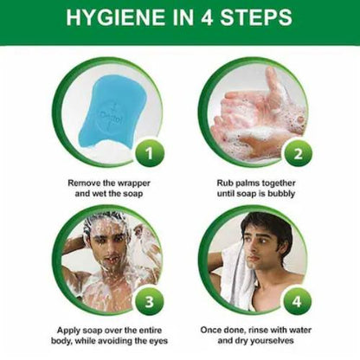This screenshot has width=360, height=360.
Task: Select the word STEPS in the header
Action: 256,17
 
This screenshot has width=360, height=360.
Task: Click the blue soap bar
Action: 106,111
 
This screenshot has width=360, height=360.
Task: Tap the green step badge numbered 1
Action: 149,153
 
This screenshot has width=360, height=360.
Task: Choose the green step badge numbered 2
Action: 298,153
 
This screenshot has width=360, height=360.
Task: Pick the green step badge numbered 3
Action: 149,302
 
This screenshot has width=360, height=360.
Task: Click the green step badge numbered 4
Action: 297,302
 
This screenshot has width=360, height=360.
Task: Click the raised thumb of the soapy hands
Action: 273,80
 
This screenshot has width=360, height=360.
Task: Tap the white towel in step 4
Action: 240,274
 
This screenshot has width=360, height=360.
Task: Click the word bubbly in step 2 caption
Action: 281,194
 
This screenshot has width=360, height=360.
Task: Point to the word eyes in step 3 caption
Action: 157,341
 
